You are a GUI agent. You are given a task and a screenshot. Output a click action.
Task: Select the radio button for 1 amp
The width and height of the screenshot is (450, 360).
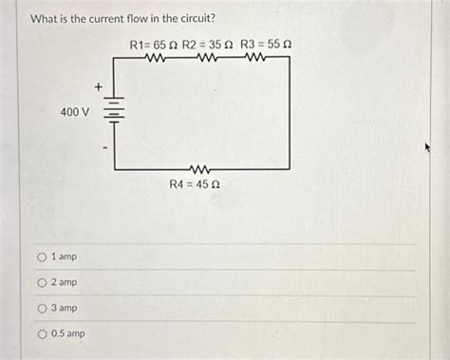[x=43, y=257]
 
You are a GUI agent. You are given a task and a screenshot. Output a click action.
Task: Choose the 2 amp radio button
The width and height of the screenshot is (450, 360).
[x=43, y=282]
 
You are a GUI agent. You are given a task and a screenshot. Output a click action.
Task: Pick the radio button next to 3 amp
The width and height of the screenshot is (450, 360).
[x=43, y=308]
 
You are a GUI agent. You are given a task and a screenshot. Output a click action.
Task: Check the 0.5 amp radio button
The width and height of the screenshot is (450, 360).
[x=43, y=333]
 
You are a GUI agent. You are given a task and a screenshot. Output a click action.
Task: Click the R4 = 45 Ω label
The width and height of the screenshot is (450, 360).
[x=201, y=184]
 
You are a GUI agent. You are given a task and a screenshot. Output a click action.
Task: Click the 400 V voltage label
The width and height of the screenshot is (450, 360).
[x=75, y=112]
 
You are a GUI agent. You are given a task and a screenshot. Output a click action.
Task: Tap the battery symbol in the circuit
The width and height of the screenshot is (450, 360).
[x=114, y=112]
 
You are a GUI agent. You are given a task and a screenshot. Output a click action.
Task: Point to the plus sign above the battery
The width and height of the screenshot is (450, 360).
[x=98, y=87]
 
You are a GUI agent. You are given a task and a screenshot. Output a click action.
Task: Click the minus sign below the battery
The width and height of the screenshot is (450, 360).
[x=105, y=147]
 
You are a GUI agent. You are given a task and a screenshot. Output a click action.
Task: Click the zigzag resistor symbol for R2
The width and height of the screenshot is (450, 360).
[x=208, y=58]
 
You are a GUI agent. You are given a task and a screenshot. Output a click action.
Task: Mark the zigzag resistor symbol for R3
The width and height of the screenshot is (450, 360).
[x=254, y=58]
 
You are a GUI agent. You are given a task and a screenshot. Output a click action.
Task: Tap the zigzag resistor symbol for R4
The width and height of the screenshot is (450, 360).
[x=200, y=169]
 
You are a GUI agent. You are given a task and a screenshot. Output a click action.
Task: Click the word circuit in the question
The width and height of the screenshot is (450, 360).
[x=195, y=19]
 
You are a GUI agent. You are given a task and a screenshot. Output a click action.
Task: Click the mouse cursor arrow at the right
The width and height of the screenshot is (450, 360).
[x=428, y=149]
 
